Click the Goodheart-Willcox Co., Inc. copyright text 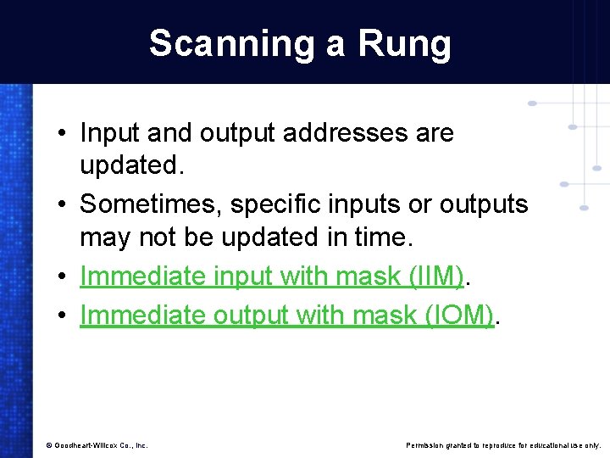pos(97,444)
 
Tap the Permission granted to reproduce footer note pos(503,444)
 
